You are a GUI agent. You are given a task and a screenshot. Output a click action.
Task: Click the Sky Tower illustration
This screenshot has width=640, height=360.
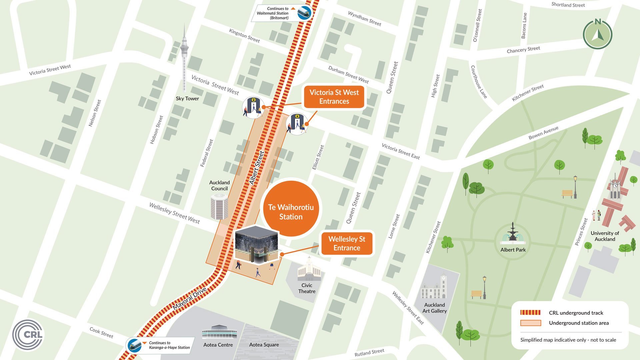pyautogui.click(x=184, y=57)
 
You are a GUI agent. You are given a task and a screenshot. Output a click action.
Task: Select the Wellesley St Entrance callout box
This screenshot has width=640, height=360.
pyautogui.click(x=347, y=244)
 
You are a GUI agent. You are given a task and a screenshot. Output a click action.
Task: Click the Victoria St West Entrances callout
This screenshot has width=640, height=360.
pyautogui.click(x=334, y=97)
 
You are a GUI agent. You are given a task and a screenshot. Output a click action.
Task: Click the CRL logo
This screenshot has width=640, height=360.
pyautogui.click(x=28, y=335)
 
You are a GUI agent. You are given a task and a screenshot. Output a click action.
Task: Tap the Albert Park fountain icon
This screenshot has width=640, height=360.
pyautogui.click(x=513, y=233)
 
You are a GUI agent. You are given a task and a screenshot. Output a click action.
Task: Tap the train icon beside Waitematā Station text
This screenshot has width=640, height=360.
pyautogui.click(x=304, y=13)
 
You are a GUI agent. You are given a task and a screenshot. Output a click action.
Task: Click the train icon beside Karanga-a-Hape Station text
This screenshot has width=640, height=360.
pyautogui.click(x=135, y=345)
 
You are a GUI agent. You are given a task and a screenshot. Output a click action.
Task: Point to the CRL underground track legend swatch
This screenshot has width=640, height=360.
pyautogui.click(x=530, y=313)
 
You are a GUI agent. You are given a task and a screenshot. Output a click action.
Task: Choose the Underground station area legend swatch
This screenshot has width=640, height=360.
pyautogui.click(x=530, y=323)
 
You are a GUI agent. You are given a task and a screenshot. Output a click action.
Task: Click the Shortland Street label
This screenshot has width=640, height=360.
pyautogui.click(x=568, y=5)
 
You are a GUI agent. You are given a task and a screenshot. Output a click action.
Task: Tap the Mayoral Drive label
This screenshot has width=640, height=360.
pyautogui.click(x=190, y=298)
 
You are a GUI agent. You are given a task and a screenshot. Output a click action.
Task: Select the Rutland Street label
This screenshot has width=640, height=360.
pyautogui.click(x=369, y=352)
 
